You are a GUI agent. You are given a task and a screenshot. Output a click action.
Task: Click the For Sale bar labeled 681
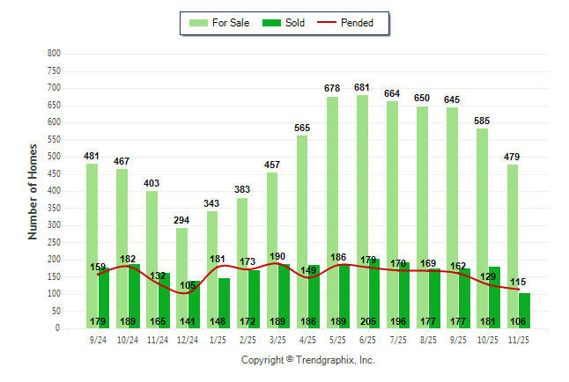pos(362,211)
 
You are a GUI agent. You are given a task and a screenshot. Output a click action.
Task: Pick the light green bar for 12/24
pos(181,278)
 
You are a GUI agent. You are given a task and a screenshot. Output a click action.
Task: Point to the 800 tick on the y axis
pos(54,54)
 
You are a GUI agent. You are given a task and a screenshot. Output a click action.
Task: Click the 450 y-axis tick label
pos(54,174)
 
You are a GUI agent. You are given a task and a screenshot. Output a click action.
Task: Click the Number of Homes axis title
pos(33,191)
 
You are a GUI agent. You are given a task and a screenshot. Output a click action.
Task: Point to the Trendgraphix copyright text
pos(308,360)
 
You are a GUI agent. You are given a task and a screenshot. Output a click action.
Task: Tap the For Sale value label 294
pos(181,221)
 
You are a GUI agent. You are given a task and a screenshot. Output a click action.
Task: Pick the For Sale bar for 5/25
pos(332,212)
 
